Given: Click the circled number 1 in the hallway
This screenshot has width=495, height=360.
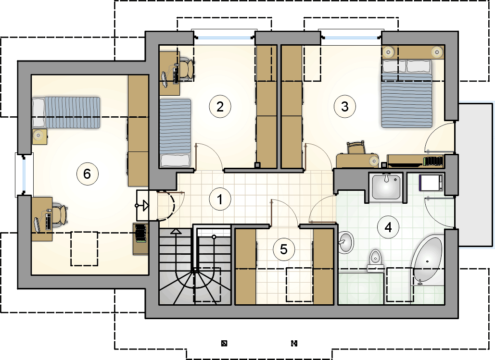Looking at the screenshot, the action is click(220, 199).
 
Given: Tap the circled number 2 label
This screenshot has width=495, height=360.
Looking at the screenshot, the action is click(220, 107).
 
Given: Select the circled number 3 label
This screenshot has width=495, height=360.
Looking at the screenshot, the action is click(345, 107).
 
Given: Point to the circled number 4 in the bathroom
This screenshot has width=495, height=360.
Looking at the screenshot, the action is click(388, 227).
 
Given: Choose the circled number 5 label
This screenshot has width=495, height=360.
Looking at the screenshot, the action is click(284, 249).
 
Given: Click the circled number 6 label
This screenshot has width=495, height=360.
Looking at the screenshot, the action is click(88, 174).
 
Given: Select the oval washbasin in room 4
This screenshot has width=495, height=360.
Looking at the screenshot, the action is click(346, 242).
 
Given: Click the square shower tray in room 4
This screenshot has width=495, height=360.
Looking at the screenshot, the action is click(386, 187).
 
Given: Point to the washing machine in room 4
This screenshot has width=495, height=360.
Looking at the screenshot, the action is click(431, 183).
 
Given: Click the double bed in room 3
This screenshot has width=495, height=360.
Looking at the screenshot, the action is click(406, 94).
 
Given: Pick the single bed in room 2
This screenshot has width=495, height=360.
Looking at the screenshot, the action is click(175, 133).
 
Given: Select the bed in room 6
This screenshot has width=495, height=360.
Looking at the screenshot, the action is click(66, 112).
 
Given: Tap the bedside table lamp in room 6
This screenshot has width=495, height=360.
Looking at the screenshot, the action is click(38, 136).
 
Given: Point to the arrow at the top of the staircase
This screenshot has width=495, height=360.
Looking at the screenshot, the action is click(176, 231).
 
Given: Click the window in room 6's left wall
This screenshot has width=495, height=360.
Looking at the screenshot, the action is click(24, 175).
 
